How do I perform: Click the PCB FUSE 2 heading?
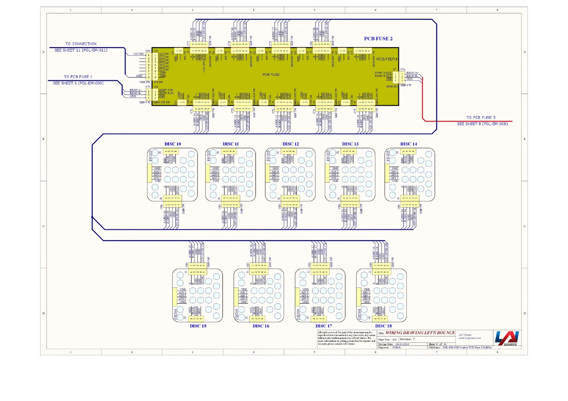pyautogui.click(x=378, y=39)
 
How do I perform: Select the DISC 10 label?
pyautogui.click(x=173, y=144)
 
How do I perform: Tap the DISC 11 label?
pyautogui.click(x=231, y=144)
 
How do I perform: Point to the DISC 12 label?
pyautogui.click(x=291, y=144)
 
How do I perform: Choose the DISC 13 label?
pyautogui.click(x=350, y=144)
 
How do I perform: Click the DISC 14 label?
pyautogui.click(x=408, y=144)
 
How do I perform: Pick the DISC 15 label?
pyautogui.click(x=198, y=326)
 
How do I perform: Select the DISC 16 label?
pyautogui.click(x=261, y=326)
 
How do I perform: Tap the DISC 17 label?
pyautogui.click(x=323, y=326)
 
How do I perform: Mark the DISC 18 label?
pyautogui.click(x=384, y=326)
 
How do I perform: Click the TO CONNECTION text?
pyautogui.click(x=81, y=44)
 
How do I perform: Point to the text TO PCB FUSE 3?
pyautogui.click(x=481, y=118)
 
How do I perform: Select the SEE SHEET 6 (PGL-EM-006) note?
pyautogui.click(x=78, y=83)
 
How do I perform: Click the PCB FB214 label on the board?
pyautogui.click(x=387, y=59)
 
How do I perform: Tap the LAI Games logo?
pyautogui.click(x=507, y=338)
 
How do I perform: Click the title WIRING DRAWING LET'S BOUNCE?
pyautogui.click(x=420, y=333)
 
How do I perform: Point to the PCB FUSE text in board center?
pyautogui.click(x=271, y=75)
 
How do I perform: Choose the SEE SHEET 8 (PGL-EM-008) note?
pyautogui.click(x=482, y=124)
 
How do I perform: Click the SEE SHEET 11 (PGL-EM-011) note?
pyautogui.click(x=81, y=51)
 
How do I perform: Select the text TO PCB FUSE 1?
pyautogui.click(x=78, y=77)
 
